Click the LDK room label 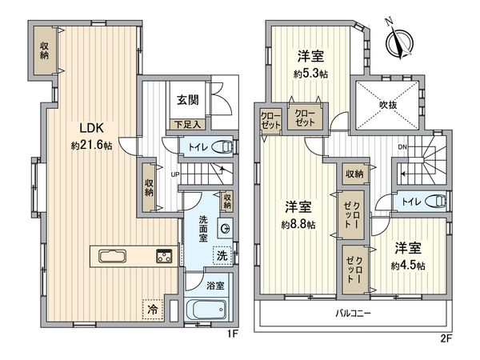91,128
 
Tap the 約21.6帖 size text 91,146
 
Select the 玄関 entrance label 188,100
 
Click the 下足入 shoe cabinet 188,125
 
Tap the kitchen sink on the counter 112,256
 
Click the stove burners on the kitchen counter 164,256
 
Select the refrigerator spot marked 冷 153,309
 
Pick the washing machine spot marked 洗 222,255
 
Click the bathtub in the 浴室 206,310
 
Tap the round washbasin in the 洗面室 226,228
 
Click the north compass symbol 399,42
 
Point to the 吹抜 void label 389,106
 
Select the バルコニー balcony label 354,313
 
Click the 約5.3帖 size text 310,74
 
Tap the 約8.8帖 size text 298,225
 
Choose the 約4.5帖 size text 408,266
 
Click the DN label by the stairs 402,147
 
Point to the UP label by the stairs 174,174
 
